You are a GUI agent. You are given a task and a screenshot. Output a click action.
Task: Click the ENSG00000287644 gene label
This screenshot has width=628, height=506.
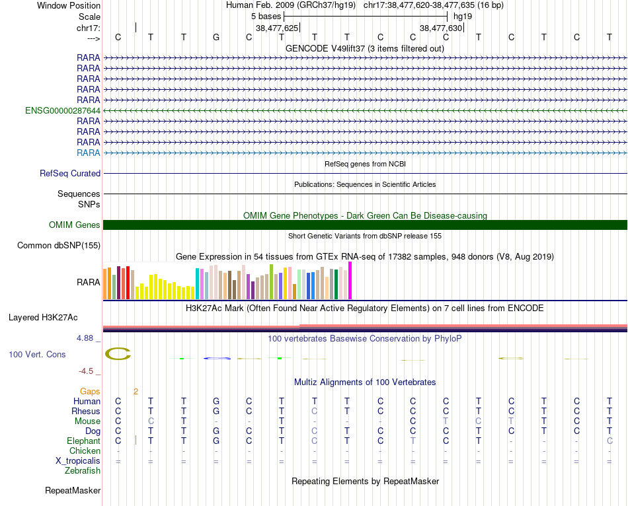63,110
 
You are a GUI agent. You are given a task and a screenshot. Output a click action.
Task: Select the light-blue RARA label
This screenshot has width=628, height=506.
89,153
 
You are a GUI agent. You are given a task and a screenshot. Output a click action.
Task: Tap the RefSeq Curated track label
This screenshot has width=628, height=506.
70,173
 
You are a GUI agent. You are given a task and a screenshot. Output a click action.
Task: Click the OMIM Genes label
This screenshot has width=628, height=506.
74,225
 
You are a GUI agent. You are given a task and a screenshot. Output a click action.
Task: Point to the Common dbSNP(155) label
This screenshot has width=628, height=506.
59,246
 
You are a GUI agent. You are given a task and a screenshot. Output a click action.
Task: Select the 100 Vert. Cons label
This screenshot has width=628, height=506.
37,355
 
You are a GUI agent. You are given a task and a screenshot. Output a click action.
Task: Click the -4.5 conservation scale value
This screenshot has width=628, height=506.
88,371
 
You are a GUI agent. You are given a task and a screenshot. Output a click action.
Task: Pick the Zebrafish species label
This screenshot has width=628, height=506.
83,471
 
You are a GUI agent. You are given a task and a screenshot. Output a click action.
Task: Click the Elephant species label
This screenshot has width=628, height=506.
83,441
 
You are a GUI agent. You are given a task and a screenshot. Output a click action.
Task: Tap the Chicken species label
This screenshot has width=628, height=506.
85,451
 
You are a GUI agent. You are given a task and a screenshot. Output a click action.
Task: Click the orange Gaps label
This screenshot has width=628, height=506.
90,391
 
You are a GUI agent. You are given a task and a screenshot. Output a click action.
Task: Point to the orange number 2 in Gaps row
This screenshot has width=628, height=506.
136,391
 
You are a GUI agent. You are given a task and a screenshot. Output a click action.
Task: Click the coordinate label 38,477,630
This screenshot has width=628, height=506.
441,28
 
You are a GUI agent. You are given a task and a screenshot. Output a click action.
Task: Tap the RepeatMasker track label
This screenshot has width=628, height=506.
73,491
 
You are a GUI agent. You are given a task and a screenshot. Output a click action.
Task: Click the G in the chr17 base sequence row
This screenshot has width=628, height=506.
216,37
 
